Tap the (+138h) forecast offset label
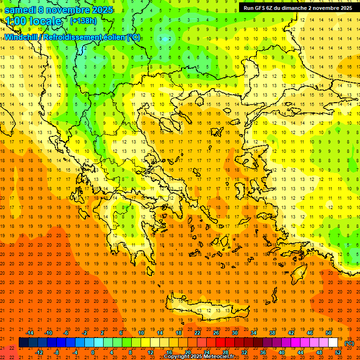(83, 21)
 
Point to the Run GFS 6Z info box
(298, 8)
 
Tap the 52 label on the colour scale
(338, 352)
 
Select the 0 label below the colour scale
(93, 352)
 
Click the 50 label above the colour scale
(329, 333)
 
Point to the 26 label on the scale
(216, 333)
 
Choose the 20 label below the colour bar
(187, 352)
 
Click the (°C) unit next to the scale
(349, 343)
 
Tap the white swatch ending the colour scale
(333, 343)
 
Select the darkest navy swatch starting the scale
(23, 343)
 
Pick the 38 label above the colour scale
(272, 333)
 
